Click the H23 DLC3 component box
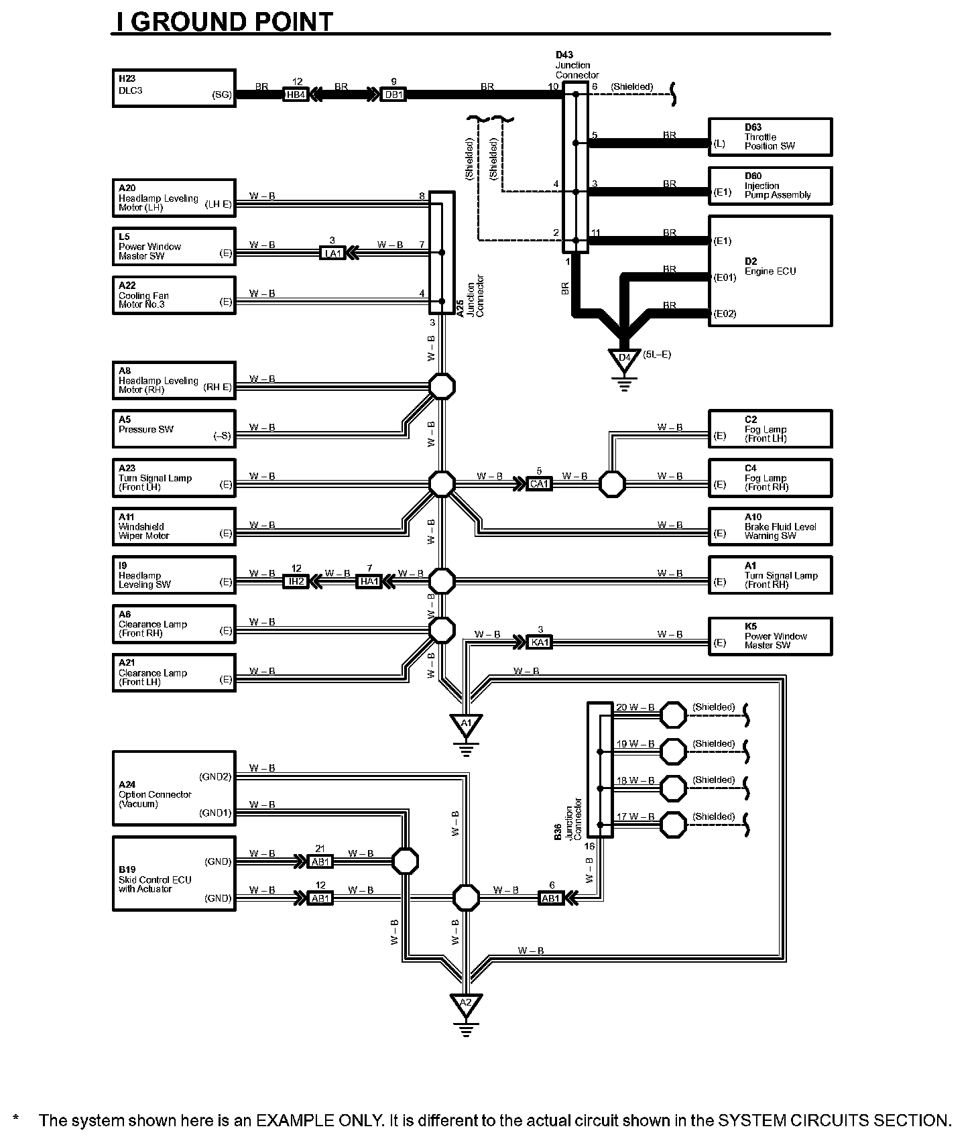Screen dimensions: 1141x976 (x=173, y=88)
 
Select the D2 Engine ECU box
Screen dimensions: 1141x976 (x=770, y=270)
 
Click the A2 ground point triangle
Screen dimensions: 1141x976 (x=466, y=1003)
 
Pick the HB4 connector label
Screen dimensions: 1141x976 (x=296, y=95)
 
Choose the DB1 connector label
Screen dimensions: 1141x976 (x=393, y=95)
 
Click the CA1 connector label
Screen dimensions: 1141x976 (x=539, y=483)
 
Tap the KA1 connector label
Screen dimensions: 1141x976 (x=540, y=642)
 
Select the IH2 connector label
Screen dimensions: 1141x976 (x=296, y=581)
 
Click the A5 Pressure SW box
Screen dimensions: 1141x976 (x=173, y=428)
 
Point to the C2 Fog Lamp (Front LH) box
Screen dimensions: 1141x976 (x=770, y=428)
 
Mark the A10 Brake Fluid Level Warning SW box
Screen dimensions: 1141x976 (x=770, y=526)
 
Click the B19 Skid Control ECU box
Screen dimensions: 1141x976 (x=173, y=873)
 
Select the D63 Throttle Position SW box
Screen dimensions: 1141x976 (x=770, y=137)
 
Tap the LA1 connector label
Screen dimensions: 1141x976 (x=333, y=253)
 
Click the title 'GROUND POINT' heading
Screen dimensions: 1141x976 (x=225, y=21)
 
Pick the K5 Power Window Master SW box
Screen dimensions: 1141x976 (x=770, y=636)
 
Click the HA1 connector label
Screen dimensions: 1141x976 (x=369, y=581)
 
